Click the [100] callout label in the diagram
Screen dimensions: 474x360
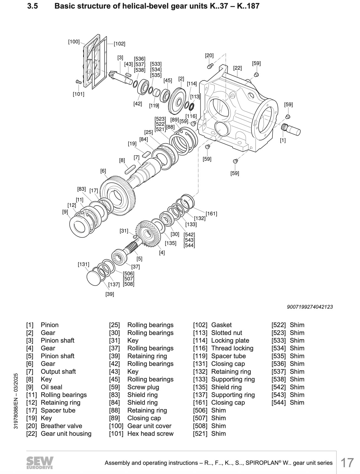(x=74, y=41)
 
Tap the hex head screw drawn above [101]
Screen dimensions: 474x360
(x=78, y=82)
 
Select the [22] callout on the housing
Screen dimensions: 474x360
(x=237, y=68)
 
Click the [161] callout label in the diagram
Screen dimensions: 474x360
(x=211, y=213)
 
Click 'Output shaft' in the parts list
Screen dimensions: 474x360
(x=58, y=371)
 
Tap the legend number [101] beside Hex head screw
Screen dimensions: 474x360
(x=116, y=434)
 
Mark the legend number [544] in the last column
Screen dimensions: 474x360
(x=278, y=403)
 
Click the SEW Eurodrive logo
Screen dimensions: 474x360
(x=40, y=462)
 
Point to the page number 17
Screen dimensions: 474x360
(x=347, y=463)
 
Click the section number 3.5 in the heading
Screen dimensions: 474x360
(x=33, y=6)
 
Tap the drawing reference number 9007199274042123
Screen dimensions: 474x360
(x=310, y=307)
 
